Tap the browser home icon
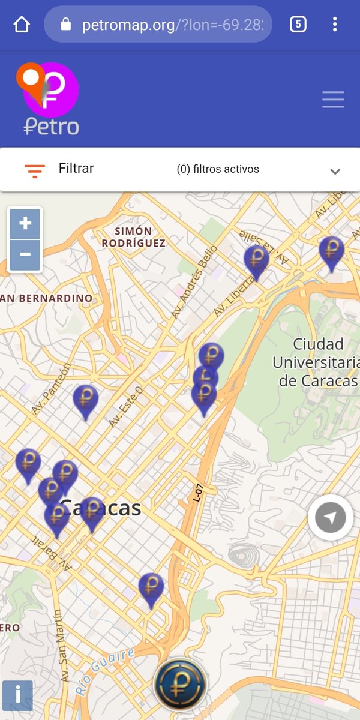pyautogui.click(x=22, y=25)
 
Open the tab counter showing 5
pyautogui.click(x=298, y=25)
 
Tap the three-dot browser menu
pyautogui.click(x=335, y=25)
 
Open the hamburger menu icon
pyautogui.click(x=333, y=99)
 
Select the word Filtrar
pyautogui.click(x=76, y=169)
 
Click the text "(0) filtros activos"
pyautogui.click(x=218, y=169)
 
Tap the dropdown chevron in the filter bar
pyautogui.click(x=335, y=171)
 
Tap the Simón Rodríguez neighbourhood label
pyautogui.click(x=133, y=237)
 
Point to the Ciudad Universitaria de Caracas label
pyautogui.click(x=317, y=362)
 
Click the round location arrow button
pyautogui.click(x=331, y=518)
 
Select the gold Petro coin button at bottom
pyautogui.click(x=180, y=684)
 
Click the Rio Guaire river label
pyautogui.click(x=106, y=671)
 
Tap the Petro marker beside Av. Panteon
pyautogui.click(x=86, y=400)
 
